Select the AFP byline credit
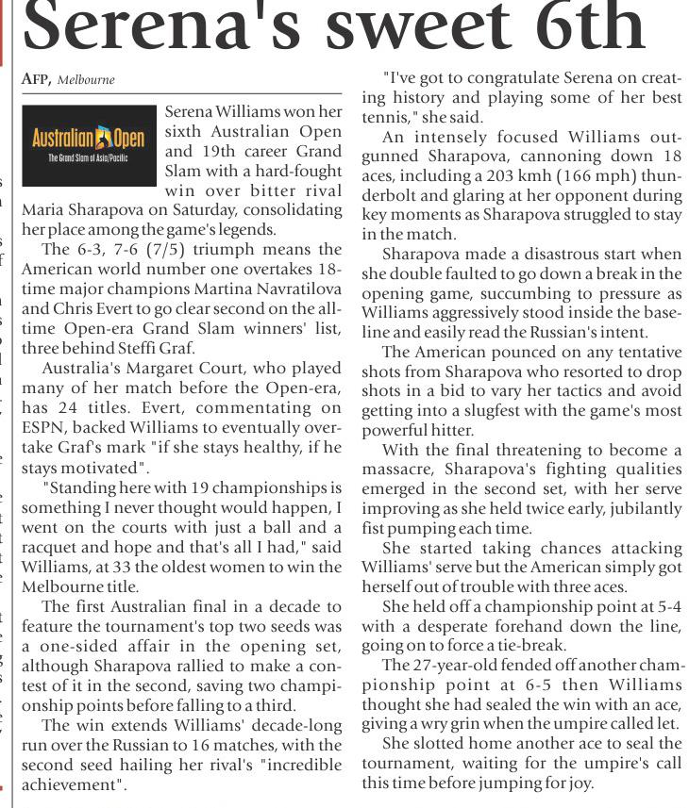pos(36,80)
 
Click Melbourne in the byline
pos(86,80)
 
